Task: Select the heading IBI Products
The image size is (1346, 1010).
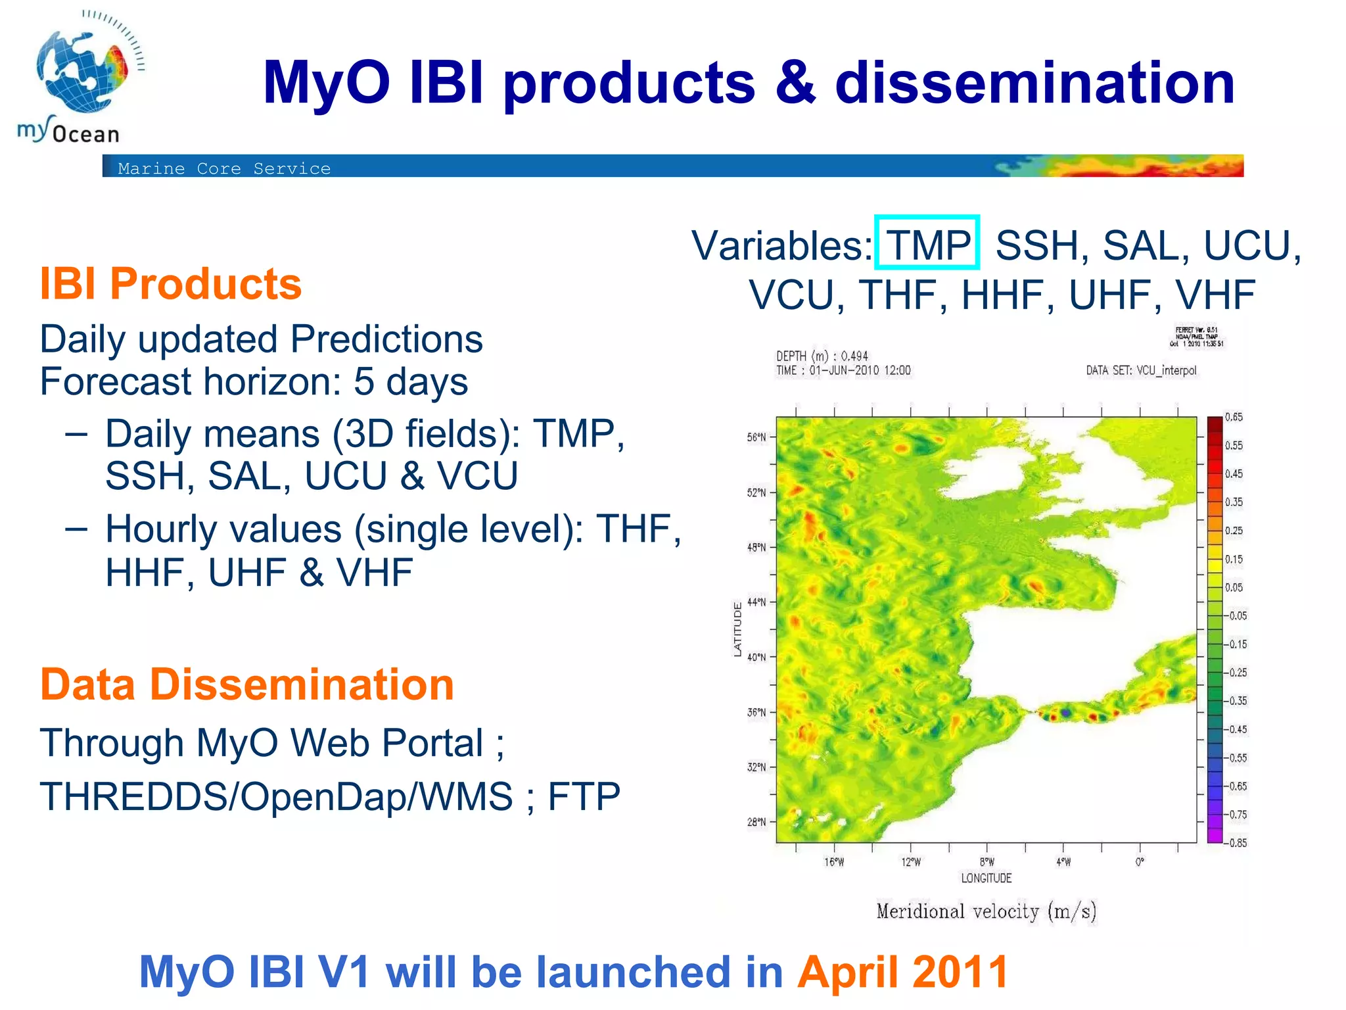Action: pos(170,284)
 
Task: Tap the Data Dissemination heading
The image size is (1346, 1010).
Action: pos(246,685)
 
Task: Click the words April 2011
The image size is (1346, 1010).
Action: pos(902,972)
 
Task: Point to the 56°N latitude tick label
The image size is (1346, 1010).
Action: pos(756,437)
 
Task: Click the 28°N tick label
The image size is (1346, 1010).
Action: pos(756,822)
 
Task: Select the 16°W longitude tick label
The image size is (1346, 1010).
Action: pos(834,862)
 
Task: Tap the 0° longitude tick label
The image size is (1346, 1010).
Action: pos(1140,861)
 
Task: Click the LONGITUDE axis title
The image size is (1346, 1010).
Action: pos(986,878)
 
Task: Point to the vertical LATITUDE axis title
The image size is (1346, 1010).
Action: pos(737,629)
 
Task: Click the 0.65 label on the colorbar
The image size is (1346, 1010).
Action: pos(1234,417)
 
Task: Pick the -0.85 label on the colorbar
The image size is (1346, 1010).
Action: pos(1236,842)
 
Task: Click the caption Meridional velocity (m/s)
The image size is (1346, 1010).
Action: pos(986,911)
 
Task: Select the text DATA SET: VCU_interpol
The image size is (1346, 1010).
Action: pos(1141,370)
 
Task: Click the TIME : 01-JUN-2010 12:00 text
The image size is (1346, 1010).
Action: pos(843,370)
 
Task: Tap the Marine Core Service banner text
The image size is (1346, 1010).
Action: pos(224,168)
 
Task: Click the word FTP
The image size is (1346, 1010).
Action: pos(584,796)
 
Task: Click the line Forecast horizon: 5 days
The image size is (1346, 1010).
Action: pos(254,381)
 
